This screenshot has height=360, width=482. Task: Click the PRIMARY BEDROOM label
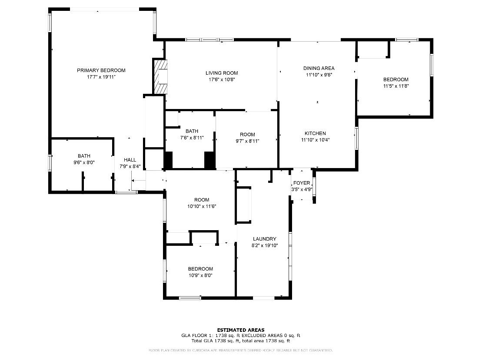[x=101, y=70]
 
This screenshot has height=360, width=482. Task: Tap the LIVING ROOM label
[x=222, y=73]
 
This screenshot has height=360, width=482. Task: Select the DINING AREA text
[x=319, y=68]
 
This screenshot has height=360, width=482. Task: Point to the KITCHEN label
[x=315, y=133]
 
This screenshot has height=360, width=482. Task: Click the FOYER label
[x=302, y=183]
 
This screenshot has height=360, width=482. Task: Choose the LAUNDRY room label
[x=264, y=239]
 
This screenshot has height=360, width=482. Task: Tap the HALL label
[x=130, y=160]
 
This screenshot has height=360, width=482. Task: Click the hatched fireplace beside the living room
[x=160, y=76]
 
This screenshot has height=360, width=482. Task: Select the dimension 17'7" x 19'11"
[x=101, y=77]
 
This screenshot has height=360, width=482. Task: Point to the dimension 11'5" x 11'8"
[x=396, y=86]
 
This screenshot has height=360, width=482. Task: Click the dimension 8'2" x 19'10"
[x=264, y=245]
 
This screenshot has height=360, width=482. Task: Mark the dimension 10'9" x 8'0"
[x=200, y=275]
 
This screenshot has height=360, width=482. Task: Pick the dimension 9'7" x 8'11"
[x=247, y=141]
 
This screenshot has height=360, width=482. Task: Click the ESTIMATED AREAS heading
[x=240, y=330]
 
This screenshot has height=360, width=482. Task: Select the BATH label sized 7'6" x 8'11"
[x=192, y=131]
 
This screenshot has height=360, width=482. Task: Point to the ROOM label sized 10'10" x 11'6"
[x=202, y=200]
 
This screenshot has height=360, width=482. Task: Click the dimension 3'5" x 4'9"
[x=302, y=189]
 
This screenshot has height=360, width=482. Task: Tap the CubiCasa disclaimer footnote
[x=240, y=350]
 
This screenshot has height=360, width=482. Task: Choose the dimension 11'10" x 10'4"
[x=315, y=140]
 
